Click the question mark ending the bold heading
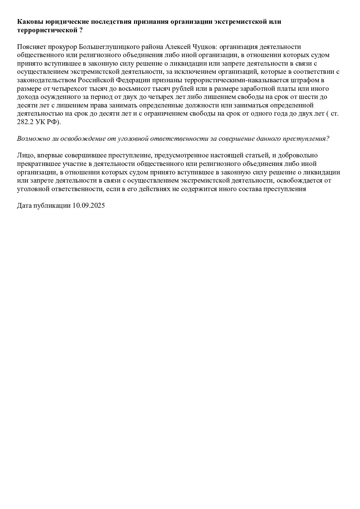(x=81, y=30)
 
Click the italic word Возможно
(x=31, y=139)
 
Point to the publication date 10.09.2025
(x=88, y=205)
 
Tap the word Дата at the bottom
(x=24, y=205)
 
